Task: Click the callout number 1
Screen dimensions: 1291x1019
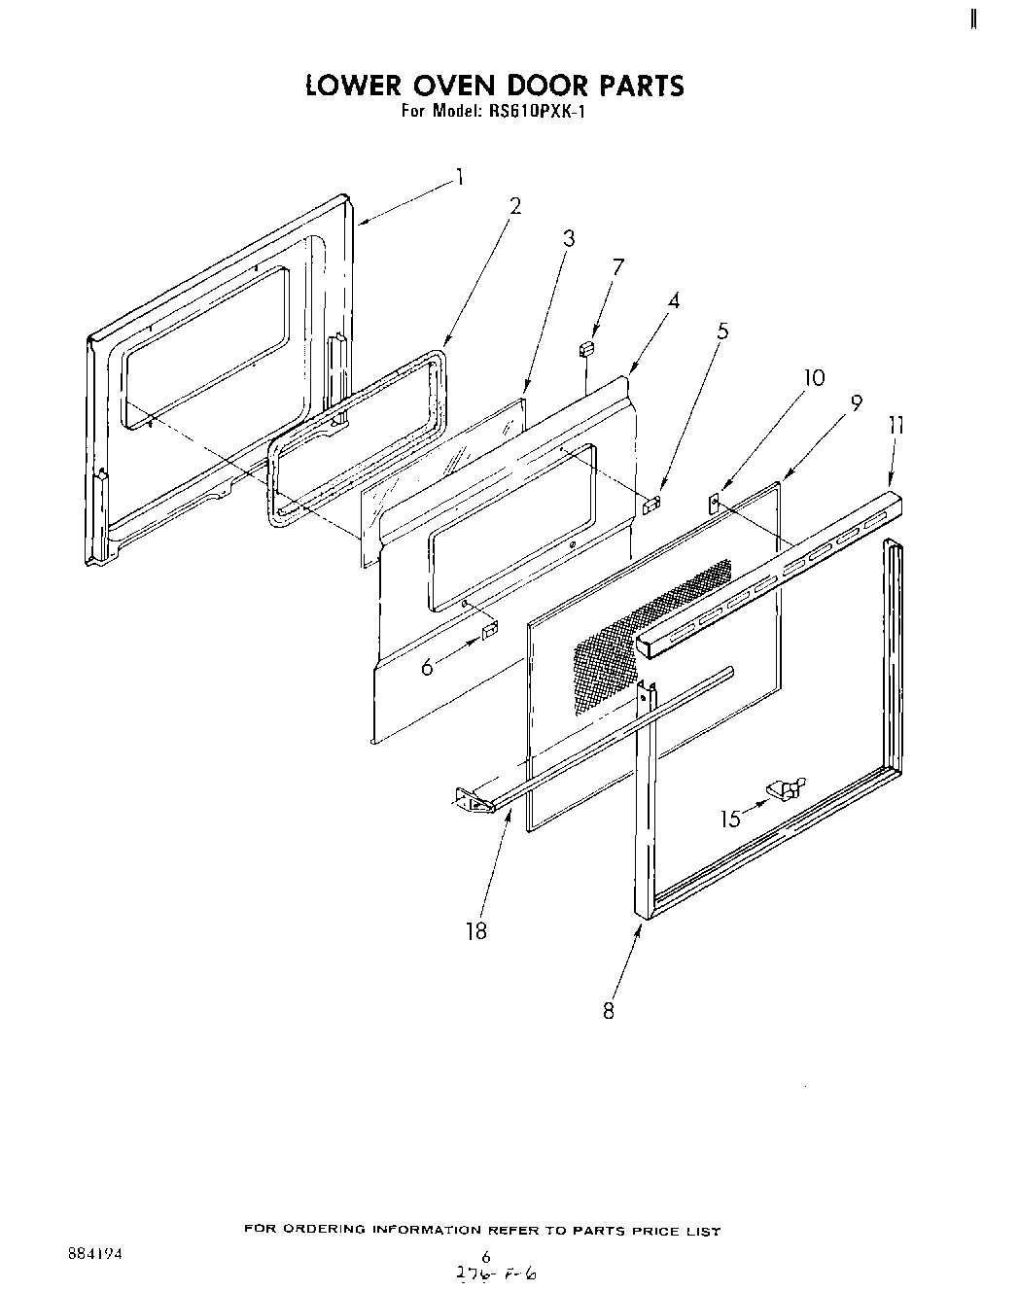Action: pyautogui.click(x=459, y=178)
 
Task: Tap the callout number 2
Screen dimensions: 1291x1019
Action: pyautogui.click(x=514, y=205)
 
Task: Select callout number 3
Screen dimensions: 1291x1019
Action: pyautogui.click(x=569, y=238)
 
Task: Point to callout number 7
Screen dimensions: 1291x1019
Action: pyautogui.click(x=617, y=267)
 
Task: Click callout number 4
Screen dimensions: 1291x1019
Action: pyautogui.click(x=673, y=300)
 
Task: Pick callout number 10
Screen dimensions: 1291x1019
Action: pyautogui.click(x=815, y=377)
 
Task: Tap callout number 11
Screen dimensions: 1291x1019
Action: pyautogui.click(x=896, y=425)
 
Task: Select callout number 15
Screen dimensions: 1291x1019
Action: pyautogui.click(x=729, y=819)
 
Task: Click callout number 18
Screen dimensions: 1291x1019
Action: pyautogui.click(x=475, y=930)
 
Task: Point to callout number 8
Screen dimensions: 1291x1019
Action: pyautogui.click(x=609, y=1010)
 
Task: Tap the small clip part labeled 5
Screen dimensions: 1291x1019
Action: pyautogui.click(x=652, y=503)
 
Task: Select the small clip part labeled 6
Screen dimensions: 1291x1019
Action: pyautogui.click(x=490, y=632)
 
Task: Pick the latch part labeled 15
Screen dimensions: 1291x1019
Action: pyautogui.click(x=785, y=788)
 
